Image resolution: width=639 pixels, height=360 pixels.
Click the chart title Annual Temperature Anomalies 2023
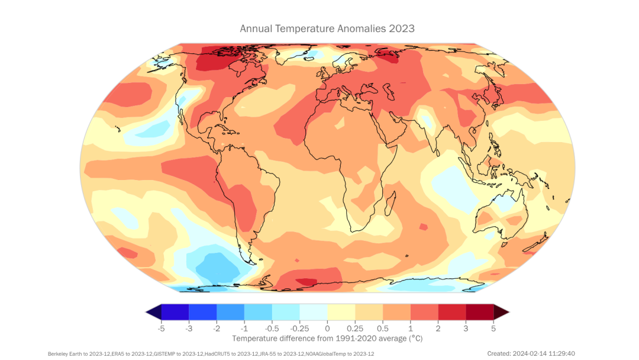(x=327, y=28)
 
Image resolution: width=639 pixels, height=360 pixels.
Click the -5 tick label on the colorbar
(x=160, y=327)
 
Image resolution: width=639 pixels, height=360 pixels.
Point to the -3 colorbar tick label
(x=188, y=327)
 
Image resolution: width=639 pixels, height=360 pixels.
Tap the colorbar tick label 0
(x=327, y=327)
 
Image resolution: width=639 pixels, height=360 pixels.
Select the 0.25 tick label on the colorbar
(x=354, y=327)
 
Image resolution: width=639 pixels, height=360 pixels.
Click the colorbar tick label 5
(x=493, y=327)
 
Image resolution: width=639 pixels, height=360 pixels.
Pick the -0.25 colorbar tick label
(x=299, y=327)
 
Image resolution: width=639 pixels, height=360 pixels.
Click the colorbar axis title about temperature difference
(x=327, y=338)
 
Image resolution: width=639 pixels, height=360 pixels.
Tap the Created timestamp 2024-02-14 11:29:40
(x=531, y=353)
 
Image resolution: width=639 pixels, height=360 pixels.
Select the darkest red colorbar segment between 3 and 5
(x=479, y=311)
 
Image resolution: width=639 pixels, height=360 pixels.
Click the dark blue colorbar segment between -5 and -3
(x=175, y=311)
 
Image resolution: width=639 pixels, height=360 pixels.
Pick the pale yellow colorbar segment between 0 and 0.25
(x=341, y=311)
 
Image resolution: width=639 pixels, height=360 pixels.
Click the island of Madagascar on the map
(x=391, y=204)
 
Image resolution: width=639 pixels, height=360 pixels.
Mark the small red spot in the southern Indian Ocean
(x=423, y=227)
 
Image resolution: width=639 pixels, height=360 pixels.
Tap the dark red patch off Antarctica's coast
(x=306, y=281)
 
